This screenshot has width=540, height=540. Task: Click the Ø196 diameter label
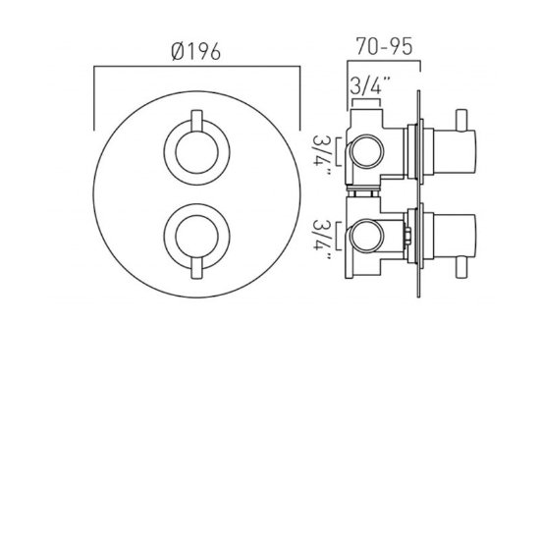point(194,51)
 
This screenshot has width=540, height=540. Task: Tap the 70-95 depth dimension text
point(383,45)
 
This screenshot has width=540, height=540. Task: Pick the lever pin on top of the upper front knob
point(193,123)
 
